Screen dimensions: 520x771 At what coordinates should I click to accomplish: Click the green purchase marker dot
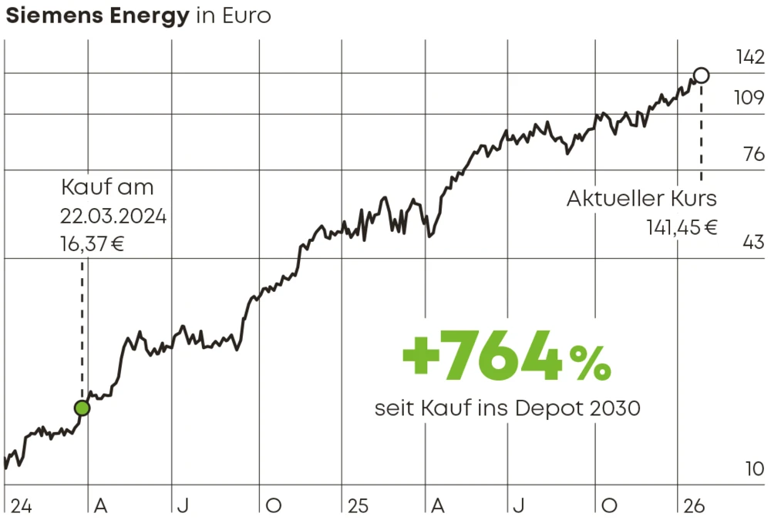pyautogui.click(x=82, y=408)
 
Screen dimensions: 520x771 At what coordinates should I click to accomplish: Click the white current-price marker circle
pyautogui.click(x=701, y=75)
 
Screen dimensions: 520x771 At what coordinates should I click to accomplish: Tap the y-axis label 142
pyautogui.click(x=748, y=57)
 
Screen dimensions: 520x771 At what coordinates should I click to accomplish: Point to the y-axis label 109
pyautogui.click(x=748, y=99)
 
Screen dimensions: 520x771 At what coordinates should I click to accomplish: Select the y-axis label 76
pyautogui.click(x=753, y=154)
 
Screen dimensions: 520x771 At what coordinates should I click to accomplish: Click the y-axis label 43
pyautogui.click(x=753, y=243)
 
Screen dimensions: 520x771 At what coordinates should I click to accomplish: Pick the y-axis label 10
pyautogui.click(x=755, y=468)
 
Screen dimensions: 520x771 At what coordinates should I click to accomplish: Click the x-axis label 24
pyautogui.click(x=21, y=506)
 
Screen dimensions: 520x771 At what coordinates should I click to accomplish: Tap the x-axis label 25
pyautogui.click(x=358, y=506)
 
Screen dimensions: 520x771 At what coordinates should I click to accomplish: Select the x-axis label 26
pyautogui.click(x=694, y=506)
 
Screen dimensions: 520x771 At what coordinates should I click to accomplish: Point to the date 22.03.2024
pyautogui.click(x=113, y=215)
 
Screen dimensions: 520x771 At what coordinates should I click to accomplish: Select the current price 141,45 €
pyautogui.click(x=682, y=227)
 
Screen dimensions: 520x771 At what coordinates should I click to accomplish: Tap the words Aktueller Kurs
pyautogui.click(x=641, y=198)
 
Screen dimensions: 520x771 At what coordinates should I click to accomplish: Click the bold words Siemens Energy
pyautogui.click(x=97, y=16)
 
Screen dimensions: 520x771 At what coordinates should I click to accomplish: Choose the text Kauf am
pyautogui.click(x=107, y=187)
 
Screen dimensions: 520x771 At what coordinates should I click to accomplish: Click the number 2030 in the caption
pyautogui.click(x=614, y=408)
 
